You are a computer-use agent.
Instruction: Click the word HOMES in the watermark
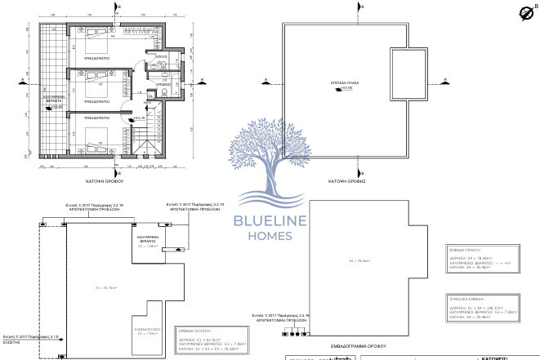tap(270, 238)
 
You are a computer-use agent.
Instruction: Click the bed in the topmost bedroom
tap(96, 38)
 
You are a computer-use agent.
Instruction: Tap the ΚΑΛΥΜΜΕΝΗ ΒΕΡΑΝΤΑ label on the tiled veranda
tap(53, 100)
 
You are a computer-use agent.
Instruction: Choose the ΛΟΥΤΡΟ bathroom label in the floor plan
tap(162, 56)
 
